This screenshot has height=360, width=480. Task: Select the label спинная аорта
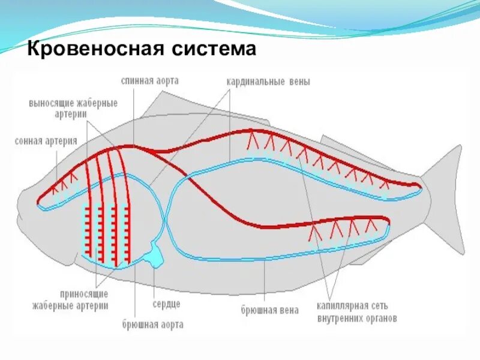coord(149,80)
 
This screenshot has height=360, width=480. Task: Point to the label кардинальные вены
coord(268,82)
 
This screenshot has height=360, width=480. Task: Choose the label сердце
coord(166,304)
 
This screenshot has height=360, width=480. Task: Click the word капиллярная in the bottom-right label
coord(343,307)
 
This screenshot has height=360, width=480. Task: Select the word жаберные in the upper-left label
coord(98,102)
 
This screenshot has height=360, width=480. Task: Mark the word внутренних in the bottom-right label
coord(340,319)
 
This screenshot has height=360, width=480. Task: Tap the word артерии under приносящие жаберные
coord(92,305)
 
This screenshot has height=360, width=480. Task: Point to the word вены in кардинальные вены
coord(298,82)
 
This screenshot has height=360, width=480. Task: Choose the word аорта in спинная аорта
coord(166,80)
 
